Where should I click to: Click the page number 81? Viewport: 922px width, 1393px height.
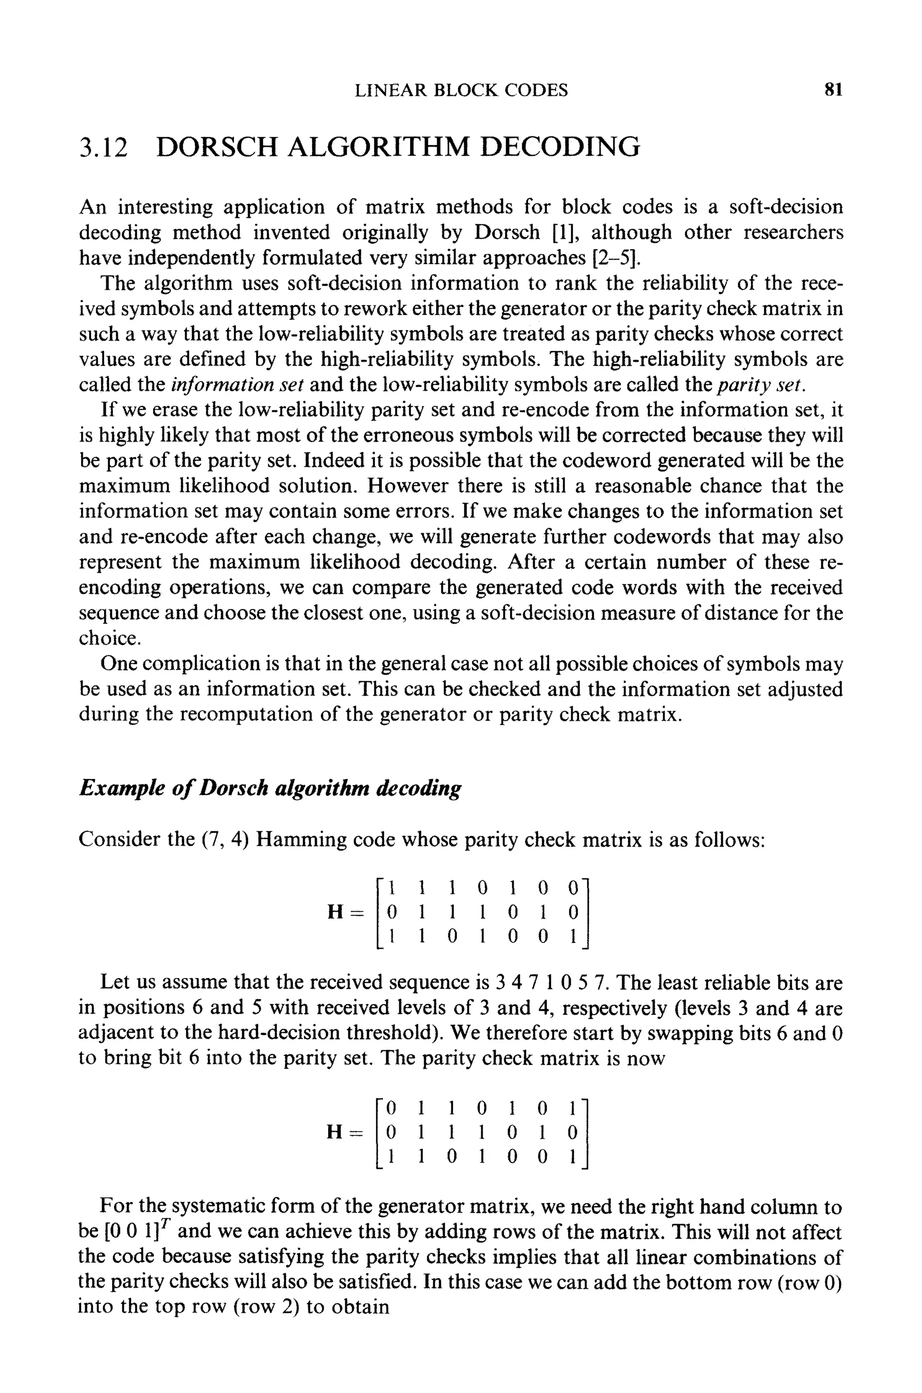[833, 90]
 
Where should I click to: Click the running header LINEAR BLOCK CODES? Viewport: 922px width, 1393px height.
[461, 90]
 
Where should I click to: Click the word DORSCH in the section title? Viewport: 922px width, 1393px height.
[217, 147]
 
